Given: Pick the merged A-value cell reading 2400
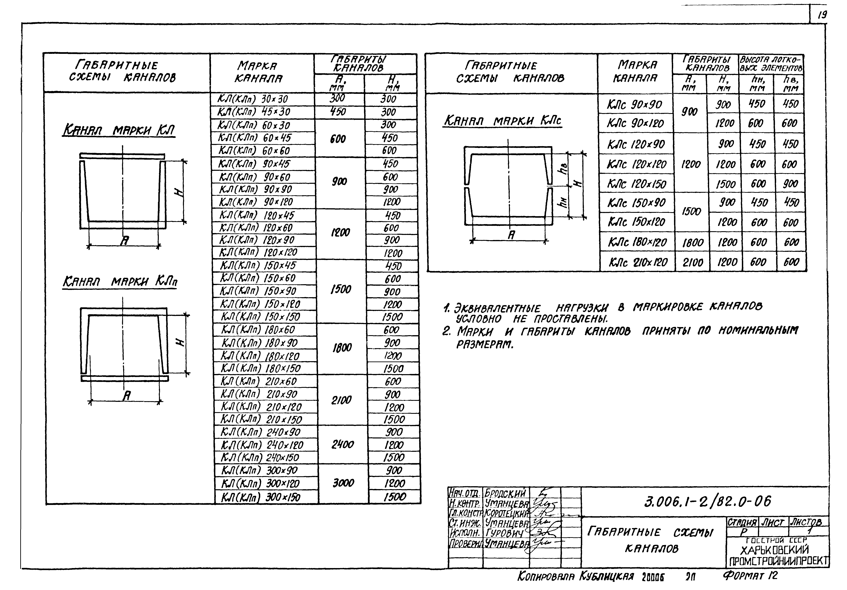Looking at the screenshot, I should pos(342,445).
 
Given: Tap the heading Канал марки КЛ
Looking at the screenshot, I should pos(119,130).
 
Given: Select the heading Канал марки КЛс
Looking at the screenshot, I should pos(502,121).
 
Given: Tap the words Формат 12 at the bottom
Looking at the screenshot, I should pos(750,576).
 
